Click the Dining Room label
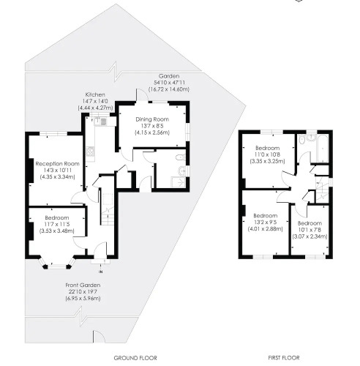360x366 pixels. [x=152, y=119]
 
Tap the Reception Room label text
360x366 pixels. [x=58, y=164]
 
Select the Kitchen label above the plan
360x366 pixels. [x=95, y=94]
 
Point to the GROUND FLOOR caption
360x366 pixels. [x=135, y=358]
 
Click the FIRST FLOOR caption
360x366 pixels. [x=284, y=358]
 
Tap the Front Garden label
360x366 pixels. [x=83, y=285]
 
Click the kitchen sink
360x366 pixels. [x=100, y=122]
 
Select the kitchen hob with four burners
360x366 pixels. [x=90, y=152]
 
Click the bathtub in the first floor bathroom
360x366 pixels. [x=323, y=148]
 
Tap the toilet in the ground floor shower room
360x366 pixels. [x=181, y=157]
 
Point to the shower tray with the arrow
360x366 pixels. [x=179, y=182]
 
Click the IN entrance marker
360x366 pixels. [x=100, y=272]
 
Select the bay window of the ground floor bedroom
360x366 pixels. [x=57, y=264]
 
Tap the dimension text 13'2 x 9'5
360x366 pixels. [x=266, y=223]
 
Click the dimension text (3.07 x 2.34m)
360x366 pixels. [x=310, y=236]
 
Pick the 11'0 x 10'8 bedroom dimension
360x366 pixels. [x=267, y=154]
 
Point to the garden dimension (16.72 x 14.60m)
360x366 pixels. [x=169, y=89]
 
